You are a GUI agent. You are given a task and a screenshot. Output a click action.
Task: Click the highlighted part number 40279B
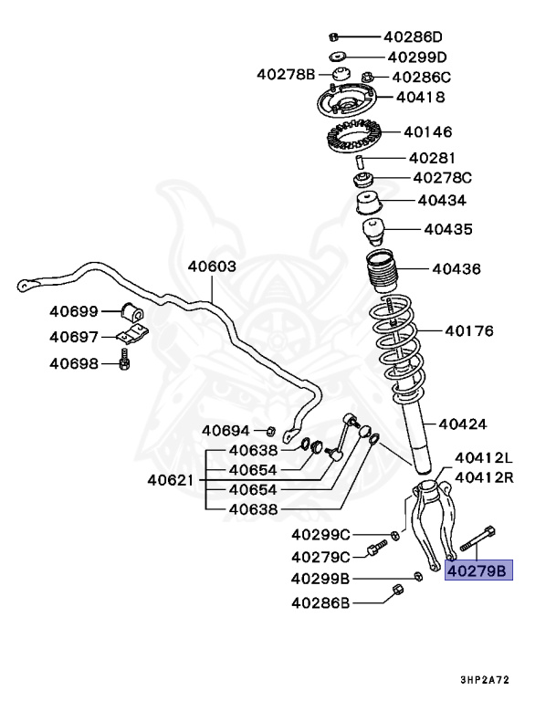tap(479, 571)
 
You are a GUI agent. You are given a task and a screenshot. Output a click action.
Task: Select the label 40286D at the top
tap(412, 37)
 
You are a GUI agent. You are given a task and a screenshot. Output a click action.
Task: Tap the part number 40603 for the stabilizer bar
tap(212, 267)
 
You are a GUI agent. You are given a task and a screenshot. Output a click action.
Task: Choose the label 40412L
tap(484, 458)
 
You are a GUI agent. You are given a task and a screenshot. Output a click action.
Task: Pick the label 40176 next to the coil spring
tap(468, 330)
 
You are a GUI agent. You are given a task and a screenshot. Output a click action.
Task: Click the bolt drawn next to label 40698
tap(125, 361)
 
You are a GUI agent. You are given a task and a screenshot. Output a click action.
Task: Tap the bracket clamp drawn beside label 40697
tap(133, 336)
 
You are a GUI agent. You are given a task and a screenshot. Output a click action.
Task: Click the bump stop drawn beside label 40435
tap(374, 229)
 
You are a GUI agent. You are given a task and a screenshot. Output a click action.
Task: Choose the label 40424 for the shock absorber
tap(462, 424)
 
